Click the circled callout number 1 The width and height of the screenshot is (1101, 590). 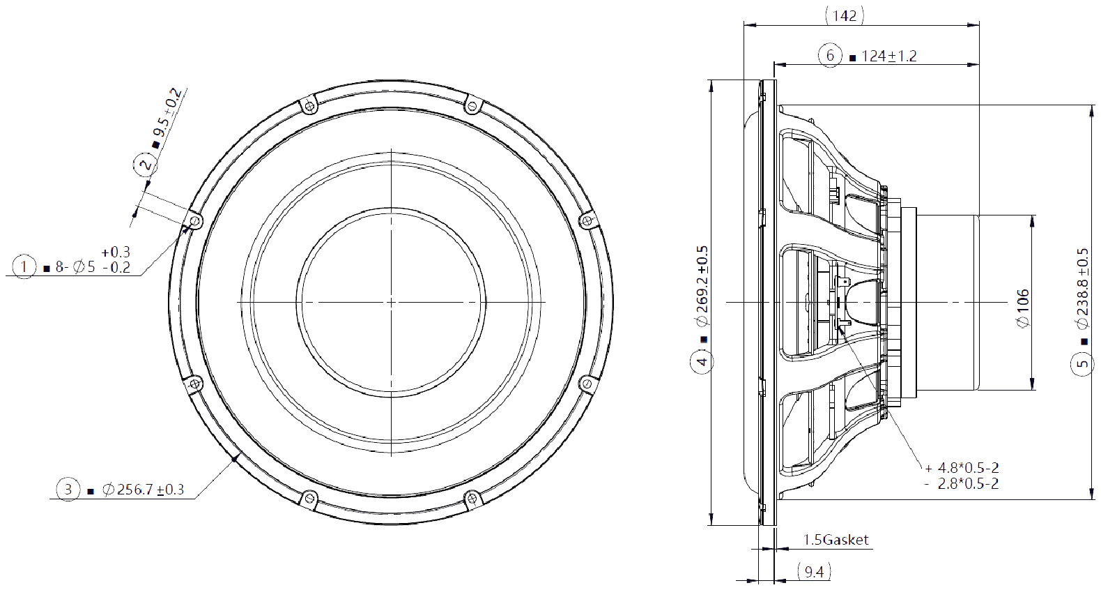[24, 266]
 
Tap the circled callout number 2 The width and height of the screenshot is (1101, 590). [145, 165]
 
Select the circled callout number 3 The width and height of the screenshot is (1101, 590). [68, 490]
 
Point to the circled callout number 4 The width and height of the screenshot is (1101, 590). [702, 361]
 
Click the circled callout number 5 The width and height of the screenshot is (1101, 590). [1082, 363]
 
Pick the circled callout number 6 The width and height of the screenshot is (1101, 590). [830, 56]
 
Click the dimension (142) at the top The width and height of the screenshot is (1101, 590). [845, 15]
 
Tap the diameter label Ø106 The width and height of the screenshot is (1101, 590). [1022, 308]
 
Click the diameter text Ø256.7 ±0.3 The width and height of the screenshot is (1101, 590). [143, 490]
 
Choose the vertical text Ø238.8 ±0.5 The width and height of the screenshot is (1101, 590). [1082, 288]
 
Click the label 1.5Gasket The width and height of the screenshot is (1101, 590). [836, 540]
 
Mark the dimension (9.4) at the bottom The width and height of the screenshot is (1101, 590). [813, 573]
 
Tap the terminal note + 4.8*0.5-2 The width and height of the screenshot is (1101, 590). [962, 468]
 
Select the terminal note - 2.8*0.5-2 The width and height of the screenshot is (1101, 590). [962, 484]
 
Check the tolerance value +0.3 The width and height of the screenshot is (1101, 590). [116, 252]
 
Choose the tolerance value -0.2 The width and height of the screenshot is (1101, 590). [116, 268]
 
